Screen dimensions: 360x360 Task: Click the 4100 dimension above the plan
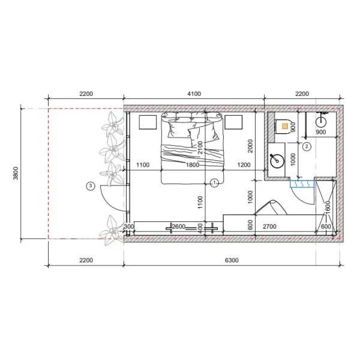point(194,94)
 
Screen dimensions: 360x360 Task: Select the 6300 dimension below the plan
point(232,260)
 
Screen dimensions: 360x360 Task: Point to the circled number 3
point(91,186)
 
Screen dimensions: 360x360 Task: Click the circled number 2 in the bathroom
point(307,146)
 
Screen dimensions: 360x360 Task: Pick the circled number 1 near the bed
point(213,182)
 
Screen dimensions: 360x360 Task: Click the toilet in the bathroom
point(284,127)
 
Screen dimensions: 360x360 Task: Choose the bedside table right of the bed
point(233,122)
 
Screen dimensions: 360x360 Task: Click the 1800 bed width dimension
point(193,165)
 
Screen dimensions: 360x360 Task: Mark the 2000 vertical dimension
point(250,147)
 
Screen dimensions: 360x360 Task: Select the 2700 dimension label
point(269,227)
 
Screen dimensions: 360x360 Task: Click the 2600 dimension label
point(178,227)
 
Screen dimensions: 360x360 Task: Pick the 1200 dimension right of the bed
point(244,165)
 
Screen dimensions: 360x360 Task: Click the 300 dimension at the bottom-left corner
point(128,227)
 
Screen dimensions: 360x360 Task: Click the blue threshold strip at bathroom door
point(302,185)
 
